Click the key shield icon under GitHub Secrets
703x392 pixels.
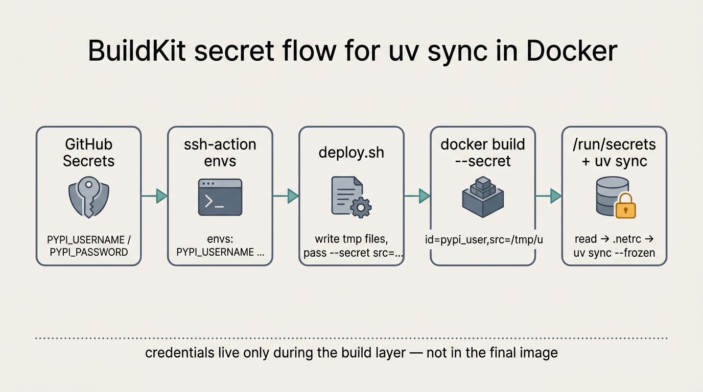click(x=88, y=198)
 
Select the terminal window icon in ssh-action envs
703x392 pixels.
click(x=220, y=197)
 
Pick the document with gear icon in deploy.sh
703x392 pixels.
click(x=350, y=197)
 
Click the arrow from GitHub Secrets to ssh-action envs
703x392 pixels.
click(x=154, y=196)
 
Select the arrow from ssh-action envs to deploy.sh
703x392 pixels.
click(x=286, y=196)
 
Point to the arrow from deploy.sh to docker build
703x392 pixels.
click(x=417, y=196)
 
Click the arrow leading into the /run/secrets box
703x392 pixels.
click(x=548, y=196)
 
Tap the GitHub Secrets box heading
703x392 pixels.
click(x=88, y=153)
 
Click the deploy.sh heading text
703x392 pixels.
click(x=351, y=153)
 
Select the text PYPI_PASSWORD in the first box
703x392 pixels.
click(x=88, y=252)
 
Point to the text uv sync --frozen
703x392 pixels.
click(x=614, y=253)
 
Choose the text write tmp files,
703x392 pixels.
click(x=351, y=239)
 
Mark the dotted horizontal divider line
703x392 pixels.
click(x=351, y=338)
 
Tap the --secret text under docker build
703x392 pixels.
click(x=483, y=161)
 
